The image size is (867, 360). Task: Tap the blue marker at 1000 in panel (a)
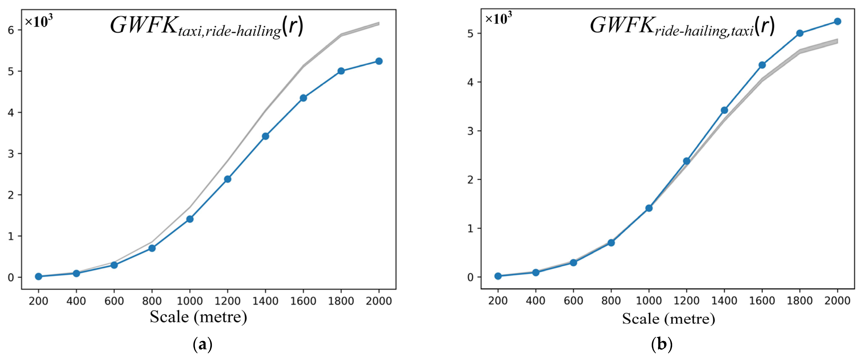pos(190,219)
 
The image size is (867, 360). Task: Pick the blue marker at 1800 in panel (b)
pos(800,33)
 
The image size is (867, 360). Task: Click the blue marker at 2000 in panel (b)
pos(837,21)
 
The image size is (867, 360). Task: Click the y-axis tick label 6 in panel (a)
pos(11,30)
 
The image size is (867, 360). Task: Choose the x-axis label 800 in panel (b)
pos(611,300)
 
